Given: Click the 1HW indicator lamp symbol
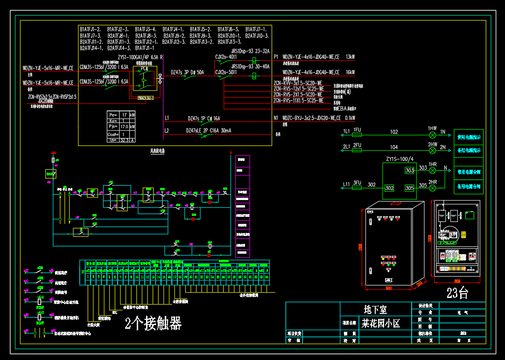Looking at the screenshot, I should [x=432, y=135].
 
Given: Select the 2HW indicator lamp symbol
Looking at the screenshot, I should [x=432, y=150].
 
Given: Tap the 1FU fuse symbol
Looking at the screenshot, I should [x=357, y=135].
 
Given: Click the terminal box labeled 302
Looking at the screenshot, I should [x=389, y=188].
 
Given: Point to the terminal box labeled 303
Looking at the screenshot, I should [x=409, y=171].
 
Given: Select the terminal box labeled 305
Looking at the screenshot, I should [x=409, y=188].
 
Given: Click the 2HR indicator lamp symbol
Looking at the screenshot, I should [x=432, y=188].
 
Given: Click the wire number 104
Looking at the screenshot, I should [x=394, y=147].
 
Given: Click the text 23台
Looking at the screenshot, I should [x=457, y=293].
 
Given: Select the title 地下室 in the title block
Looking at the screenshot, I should [x=375, y=309].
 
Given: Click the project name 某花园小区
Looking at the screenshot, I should [x=380, y=323].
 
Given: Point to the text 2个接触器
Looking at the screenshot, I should [x=153, y=323].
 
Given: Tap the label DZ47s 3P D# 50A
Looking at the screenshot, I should [x=187, y=72].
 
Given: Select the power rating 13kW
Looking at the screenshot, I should [x=350, y=57].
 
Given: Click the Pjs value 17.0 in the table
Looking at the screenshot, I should [x=124, y=127].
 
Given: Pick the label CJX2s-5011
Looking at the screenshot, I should [x=226, y=72].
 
